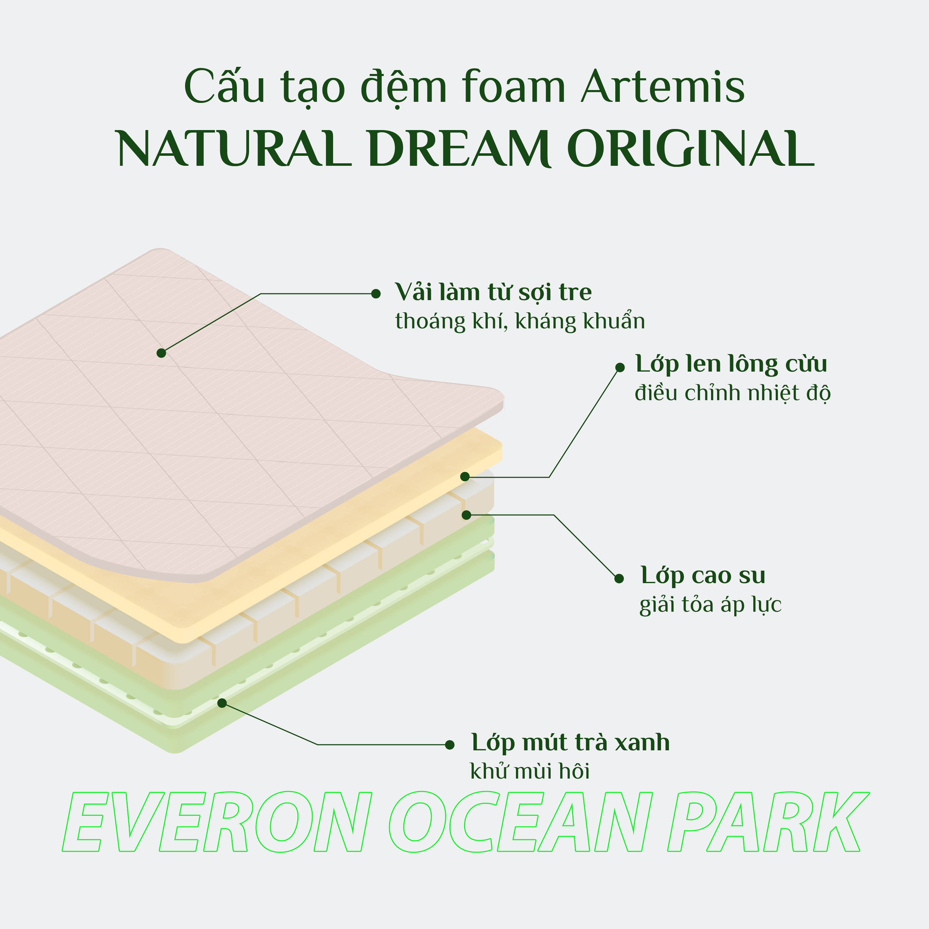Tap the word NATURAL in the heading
[233, 149]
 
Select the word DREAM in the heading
[459, 149]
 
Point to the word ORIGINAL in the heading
[691, 149]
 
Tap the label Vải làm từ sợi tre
[493, 292]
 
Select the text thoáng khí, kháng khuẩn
[520, 321]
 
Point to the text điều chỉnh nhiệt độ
[732, 393]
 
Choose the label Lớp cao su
[702, 575]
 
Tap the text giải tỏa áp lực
[710, 605]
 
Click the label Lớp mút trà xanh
[570, 742]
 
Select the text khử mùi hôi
[530, 771]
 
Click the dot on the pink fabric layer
[162, 353]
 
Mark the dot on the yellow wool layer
[465, 477]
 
